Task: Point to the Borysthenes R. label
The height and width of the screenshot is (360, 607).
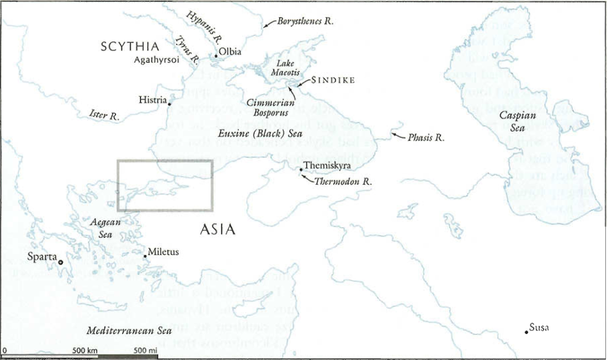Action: point(305,21)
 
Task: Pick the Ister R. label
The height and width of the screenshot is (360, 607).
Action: point(104,114)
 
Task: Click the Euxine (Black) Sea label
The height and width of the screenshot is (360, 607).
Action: point(260,134)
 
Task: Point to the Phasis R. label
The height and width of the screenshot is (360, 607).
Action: point(426,138)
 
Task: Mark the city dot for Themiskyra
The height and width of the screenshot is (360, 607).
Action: point(301,170)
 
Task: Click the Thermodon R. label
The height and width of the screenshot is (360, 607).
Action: point(343,182)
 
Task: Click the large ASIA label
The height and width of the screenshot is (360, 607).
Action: point(218,230)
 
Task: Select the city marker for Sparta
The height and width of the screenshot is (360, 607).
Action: point(60,262)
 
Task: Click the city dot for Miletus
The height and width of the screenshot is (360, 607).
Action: point(145,256)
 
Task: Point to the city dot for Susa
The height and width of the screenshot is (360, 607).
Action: point(526,332)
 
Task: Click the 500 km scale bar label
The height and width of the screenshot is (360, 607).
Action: point(85,351)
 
